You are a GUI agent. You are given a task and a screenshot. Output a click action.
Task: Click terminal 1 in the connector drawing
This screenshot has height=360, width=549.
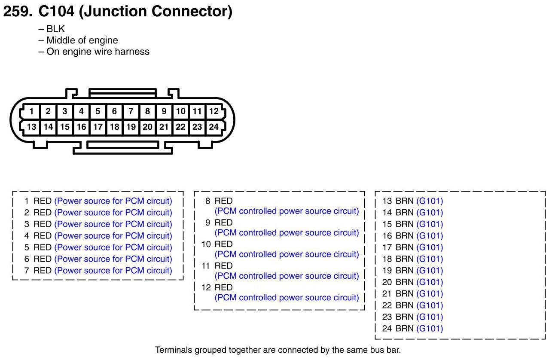(x=31, y=111)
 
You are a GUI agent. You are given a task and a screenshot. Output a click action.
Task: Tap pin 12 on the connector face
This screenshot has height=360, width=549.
(x=213, y=111)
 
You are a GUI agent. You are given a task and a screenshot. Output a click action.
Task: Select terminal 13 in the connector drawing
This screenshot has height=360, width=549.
(x=31, y=127)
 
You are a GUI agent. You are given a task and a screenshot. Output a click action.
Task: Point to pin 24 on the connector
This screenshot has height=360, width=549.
(x=213, y=127)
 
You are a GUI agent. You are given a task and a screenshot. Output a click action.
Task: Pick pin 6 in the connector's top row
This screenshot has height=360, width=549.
(x=114, y=111)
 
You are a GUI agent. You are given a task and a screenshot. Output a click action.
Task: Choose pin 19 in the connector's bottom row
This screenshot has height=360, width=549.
(x=131, y=127)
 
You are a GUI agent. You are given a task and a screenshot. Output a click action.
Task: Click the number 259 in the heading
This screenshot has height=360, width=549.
(x=17, y=12)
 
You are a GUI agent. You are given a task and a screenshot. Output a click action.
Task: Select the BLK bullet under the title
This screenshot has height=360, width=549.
(x=55, y=29)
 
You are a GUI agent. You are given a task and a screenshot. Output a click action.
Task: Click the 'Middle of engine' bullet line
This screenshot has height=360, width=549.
(x=82, y=40)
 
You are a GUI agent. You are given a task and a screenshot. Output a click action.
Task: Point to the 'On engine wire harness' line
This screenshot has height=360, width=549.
(x=98, y=52)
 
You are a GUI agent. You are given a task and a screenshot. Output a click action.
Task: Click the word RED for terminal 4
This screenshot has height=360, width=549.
(x=43, y=236)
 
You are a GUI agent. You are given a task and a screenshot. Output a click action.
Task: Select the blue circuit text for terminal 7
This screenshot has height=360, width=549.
(x=113, y=271)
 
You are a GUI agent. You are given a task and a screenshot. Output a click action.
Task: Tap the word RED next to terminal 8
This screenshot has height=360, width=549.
(x=223, y=201)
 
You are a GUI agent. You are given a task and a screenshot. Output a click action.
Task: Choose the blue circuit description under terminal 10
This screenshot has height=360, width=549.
(x=287, y=254)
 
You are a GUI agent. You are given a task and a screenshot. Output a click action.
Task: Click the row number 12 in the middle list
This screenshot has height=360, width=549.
(x=206, y=287)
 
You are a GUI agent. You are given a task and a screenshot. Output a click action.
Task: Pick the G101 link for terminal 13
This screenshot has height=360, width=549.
(x=430, y=201)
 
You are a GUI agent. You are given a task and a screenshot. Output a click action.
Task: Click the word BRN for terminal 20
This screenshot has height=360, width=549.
(x=404, y=282)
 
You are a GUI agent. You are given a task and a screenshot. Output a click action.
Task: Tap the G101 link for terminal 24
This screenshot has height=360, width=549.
(x=430, y=329)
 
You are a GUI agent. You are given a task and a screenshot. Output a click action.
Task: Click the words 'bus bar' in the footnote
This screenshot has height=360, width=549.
(x=385, y=350)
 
